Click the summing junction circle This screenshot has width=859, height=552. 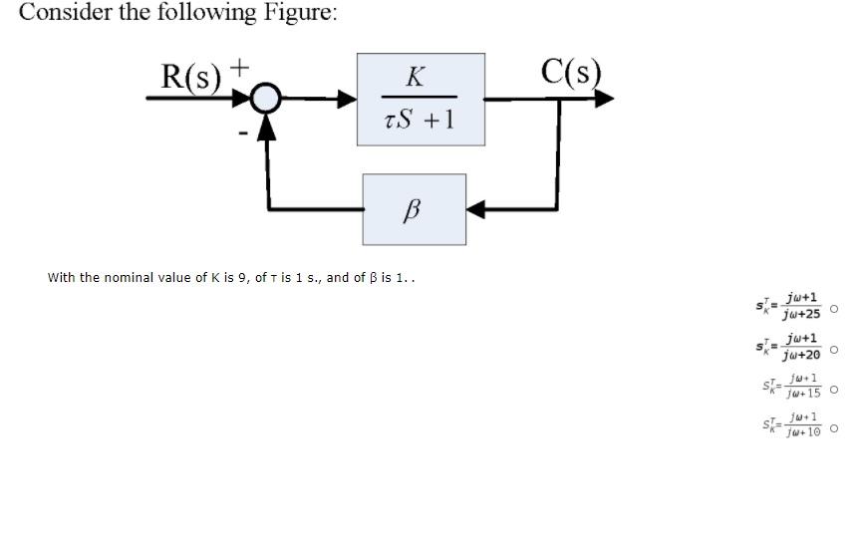(265, 99)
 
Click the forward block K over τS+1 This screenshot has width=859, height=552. (421, 99)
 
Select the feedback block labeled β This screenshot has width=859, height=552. (414, 209)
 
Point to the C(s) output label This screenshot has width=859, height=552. (572, 73)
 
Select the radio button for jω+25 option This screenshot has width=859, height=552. (834, 309)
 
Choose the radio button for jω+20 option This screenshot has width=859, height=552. (834, 350)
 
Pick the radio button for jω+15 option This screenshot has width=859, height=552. (834, 390)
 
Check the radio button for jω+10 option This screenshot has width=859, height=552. (834, 429)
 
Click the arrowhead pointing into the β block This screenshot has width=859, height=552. (476, 209)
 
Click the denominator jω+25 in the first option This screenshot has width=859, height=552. (802, 316)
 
